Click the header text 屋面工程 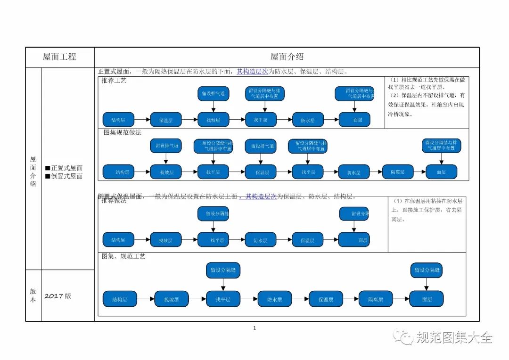(59, 57)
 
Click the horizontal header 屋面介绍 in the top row (287, 57)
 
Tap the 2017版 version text (58, 296)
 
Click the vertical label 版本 (33, 295)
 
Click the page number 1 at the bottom (254, 328)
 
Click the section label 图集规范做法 (123, 132)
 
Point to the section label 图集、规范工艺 (123, 256)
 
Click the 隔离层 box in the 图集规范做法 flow (398, 172)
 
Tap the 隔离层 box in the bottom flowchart (375, 299)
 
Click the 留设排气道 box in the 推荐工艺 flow (213, 94)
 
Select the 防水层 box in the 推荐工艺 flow (308, 120)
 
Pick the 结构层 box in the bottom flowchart (120, 299)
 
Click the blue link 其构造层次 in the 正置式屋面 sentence (252, 72)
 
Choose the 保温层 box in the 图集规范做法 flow (262, 172)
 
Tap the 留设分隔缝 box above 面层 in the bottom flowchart (427, 270)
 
